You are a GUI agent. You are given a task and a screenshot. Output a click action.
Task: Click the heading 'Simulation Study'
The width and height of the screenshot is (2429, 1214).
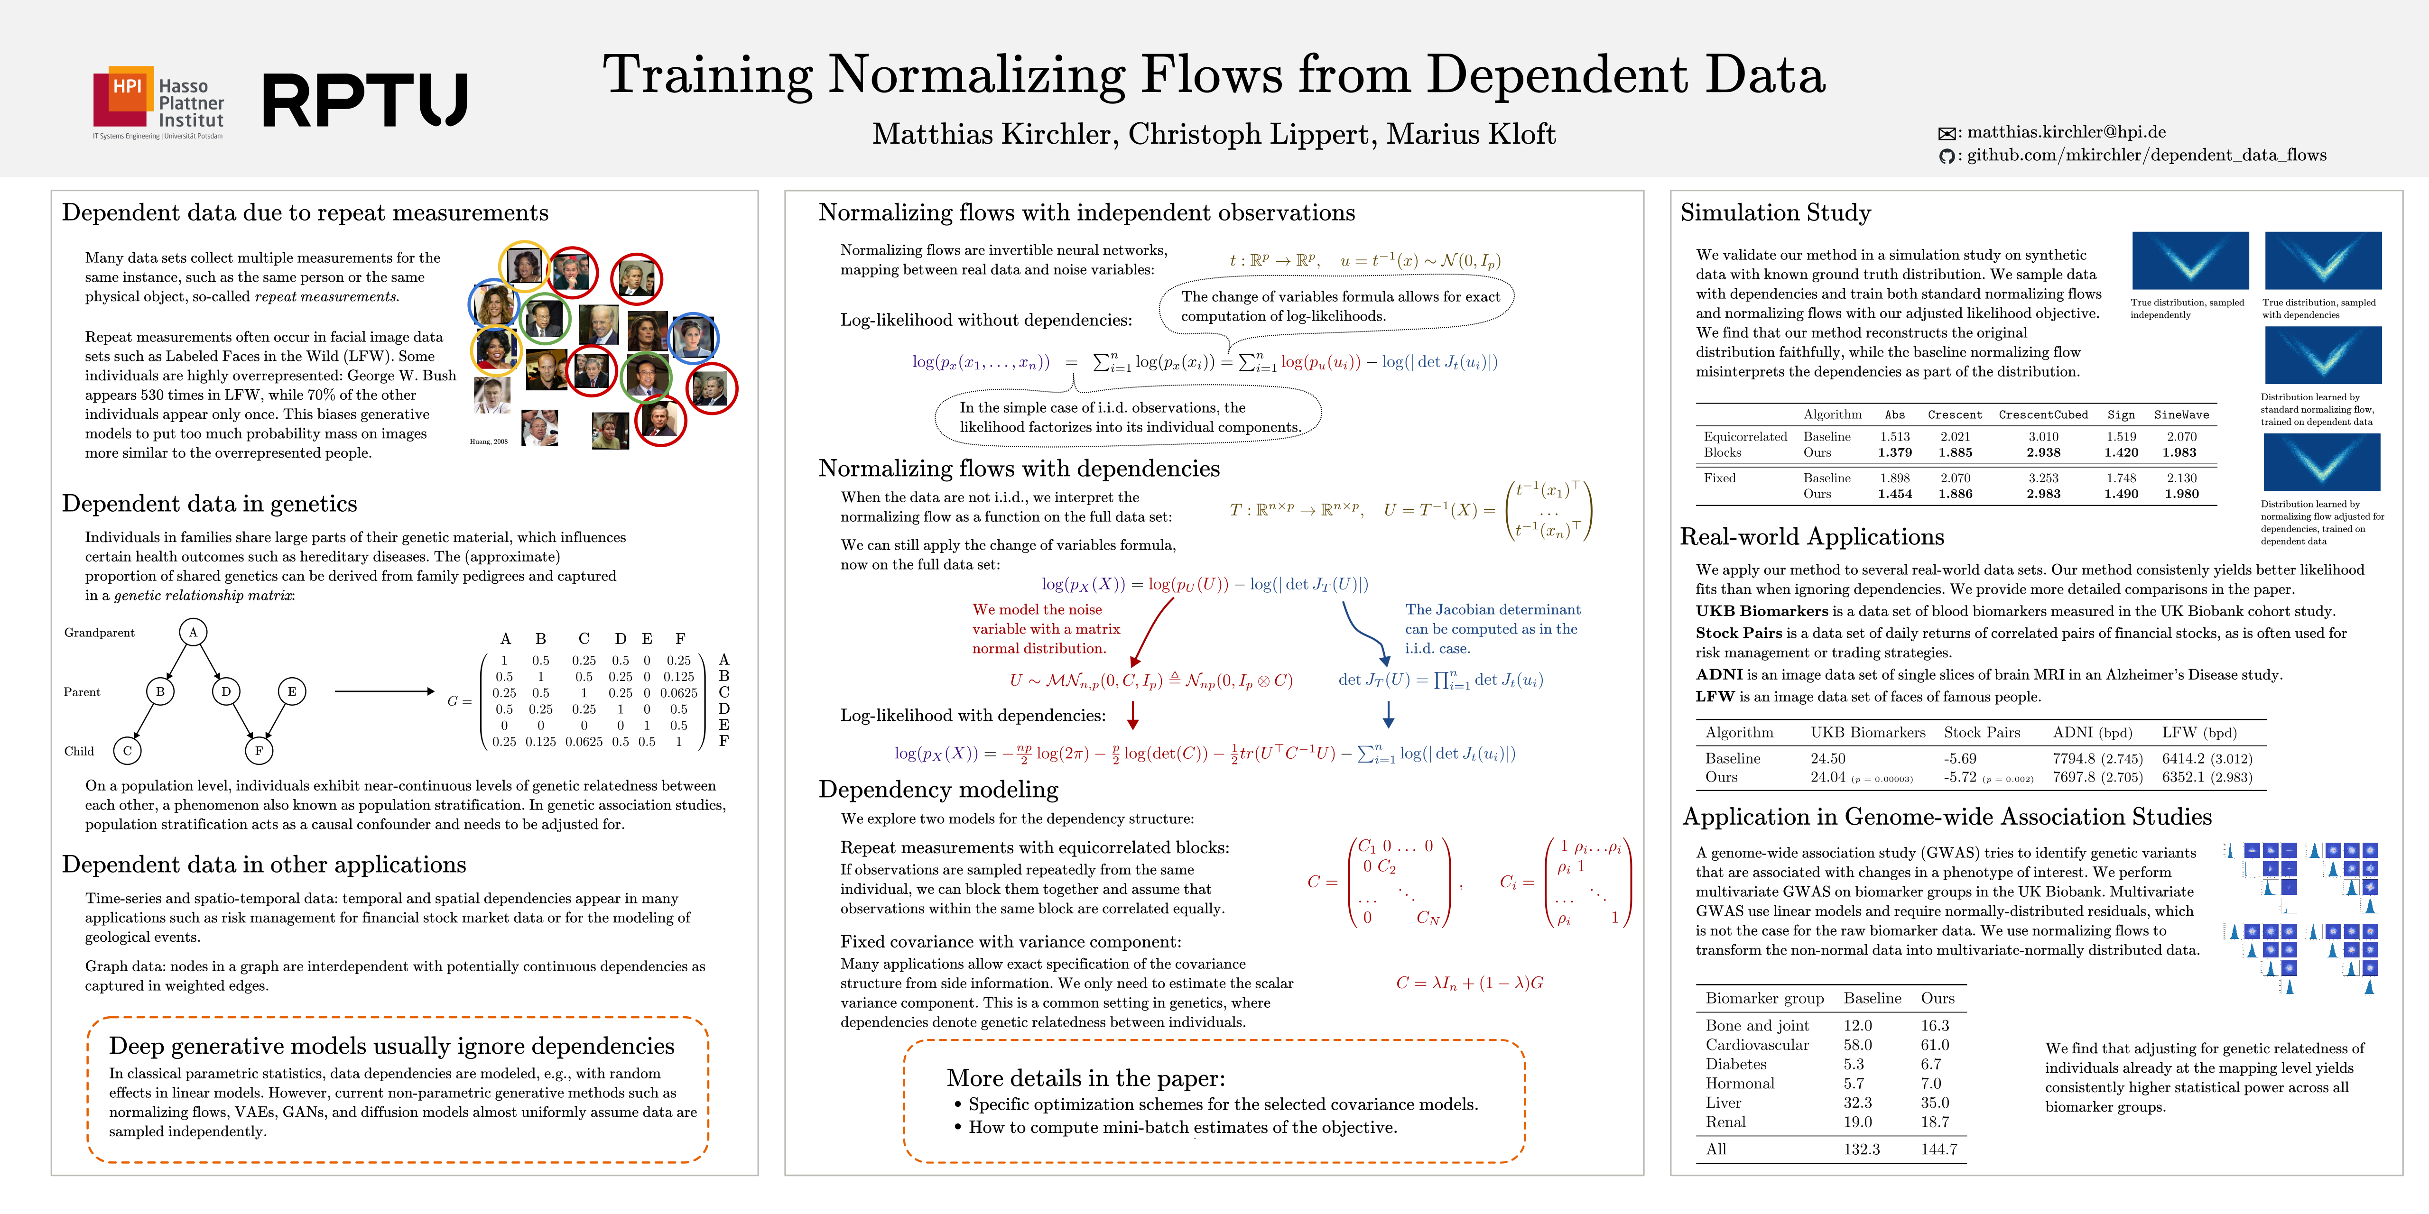(x=1776, y=213)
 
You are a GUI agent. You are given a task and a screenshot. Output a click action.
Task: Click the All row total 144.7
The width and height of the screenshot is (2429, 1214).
(x=1938, y=1149)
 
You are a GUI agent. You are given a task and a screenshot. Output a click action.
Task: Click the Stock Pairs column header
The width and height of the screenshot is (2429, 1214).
(x=1982, y=732)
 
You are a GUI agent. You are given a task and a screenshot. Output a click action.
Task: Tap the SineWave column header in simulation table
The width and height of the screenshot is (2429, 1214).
(x=2181, y=415)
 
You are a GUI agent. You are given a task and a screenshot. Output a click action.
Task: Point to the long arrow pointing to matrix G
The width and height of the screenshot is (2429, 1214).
(x=385, y=692)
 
